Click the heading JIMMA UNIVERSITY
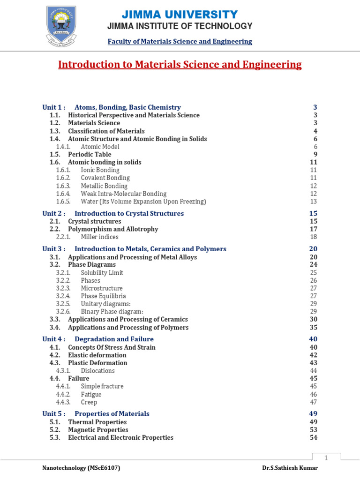coord(180,15)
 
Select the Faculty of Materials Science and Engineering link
coord(180,41)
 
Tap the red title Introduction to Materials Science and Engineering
coord(180,65)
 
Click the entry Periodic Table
coord(90,154)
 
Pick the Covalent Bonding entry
coord(105,178)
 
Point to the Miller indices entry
coord(99,237)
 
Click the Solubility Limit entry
coord(102,272)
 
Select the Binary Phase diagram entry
coord(112,311)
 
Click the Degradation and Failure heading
coord(114,339)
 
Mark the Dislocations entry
coord(97,370)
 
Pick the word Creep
coord(89,402)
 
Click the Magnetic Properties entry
coord(98,429)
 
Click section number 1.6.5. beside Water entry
coord(63,202)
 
